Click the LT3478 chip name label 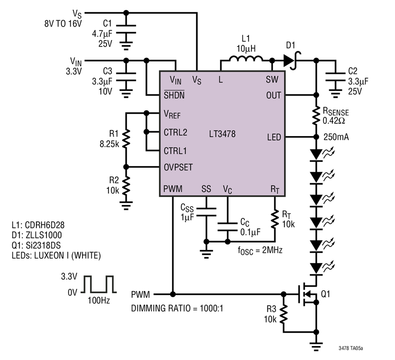tap(222, 134)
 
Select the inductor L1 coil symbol tap(246, 59)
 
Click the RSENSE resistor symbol tap(316, 116)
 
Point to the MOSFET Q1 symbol tap(308, 294)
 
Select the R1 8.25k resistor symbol tap(126, 139)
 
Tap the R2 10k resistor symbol tap(126, 186)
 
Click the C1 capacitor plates tap(126, 29)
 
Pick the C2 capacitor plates tap(335, 77)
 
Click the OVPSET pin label tap(178, 167)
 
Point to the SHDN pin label tap(174, 95)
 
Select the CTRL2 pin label tap(175, 132)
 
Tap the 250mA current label tap(336, 137)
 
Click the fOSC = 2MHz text tap(260, 250)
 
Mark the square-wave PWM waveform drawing tap(98, 284)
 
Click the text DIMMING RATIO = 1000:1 tap(177, 308)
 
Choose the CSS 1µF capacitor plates tap(206, 212)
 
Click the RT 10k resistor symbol tap(275, 219)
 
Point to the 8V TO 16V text tap(63, 24)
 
